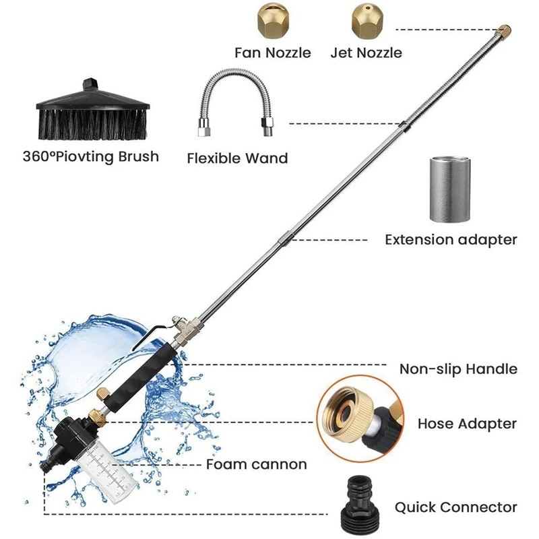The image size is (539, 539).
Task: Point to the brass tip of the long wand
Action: click(504, 30)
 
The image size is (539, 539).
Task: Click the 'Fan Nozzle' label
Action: click(272, 52)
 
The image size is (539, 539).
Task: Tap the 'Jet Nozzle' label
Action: click(366, 52)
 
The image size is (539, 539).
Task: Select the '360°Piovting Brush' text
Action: click(90, 157)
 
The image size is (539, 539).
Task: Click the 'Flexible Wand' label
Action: click(237, 159)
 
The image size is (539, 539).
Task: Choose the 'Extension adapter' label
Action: click(451, 239)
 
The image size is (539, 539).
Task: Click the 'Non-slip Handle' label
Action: click(458, 369)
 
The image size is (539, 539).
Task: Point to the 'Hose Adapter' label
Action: click(467, 424)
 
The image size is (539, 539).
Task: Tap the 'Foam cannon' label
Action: click(256, 464)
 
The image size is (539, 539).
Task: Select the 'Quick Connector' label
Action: click(456, 507)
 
